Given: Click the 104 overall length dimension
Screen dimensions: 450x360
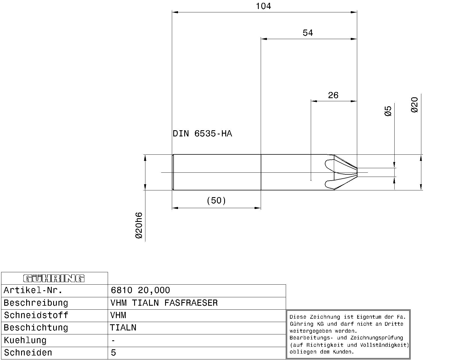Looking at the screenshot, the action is (x=263, y=6).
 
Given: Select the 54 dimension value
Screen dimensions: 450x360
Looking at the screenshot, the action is (x=308, y=33).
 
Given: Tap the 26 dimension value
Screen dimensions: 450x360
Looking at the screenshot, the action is (x=333, y=95).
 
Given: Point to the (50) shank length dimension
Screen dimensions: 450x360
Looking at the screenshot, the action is (x=216, y=201).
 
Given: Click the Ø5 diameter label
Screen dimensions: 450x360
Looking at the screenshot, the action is (x=388, y=111).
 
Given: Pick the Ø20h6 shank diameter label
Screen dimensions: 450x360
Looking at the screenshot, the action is (x=139, y=225).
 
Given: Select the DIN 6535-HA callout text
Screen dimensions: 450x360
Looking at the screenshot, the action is (x=202, y=134).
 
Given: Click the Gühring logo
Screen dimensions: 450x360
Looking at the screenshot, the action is (x=54, y=278).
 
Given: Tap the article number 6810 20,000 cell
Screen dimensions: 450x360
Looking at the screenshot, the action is (x=140, y=290).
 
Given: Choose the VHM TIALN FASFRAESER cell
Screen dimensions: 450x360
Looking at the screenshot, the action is (x=164, y=303).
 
